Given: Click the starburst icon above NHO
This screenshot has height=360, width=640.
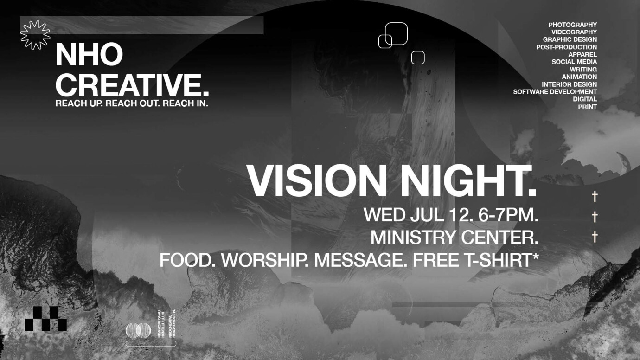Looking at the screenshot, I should click(35, 35).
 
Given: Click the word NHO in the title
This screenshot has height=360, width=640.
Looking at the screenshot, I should click(89, 55).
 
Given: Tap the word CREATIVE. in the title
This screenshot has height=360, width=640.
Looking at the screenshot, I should click(132, 85).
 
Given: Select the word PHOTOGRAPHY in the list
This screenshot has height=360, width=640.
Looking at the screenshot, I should click(572, 25).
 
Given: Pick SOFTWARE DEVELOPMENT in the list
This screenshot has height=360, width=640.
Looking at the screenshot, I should click(555, 92).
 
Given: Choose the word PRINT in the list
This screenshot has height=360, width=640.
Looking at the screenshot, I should click(587, 107).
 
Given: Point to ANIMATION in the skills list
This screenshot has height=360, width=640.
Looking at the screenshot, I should click(579, 77).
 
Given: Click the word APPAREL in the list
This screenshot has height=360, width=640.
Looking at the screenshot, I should click(582, 54).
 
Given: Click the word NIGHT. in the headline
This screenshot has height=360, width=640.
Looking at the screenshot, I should click(468, 181).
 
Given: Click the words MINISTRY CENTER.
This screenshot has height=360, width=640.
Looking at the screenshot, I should click(454, 238).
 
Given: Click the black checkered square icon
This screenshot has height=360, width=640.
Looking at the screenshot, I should click(46, 319).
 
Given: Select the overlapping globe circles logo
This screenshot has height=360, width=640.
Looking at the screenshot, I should click(138, 330).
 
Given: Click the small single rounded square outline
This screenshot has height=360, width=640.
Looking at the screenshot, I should click(418, 58).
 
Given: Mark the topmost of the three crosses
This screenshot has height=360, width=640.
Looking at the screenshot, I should click(595, 197).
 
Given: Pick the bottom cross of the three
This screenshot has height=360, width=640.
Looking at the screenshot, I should click(595, 237).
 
